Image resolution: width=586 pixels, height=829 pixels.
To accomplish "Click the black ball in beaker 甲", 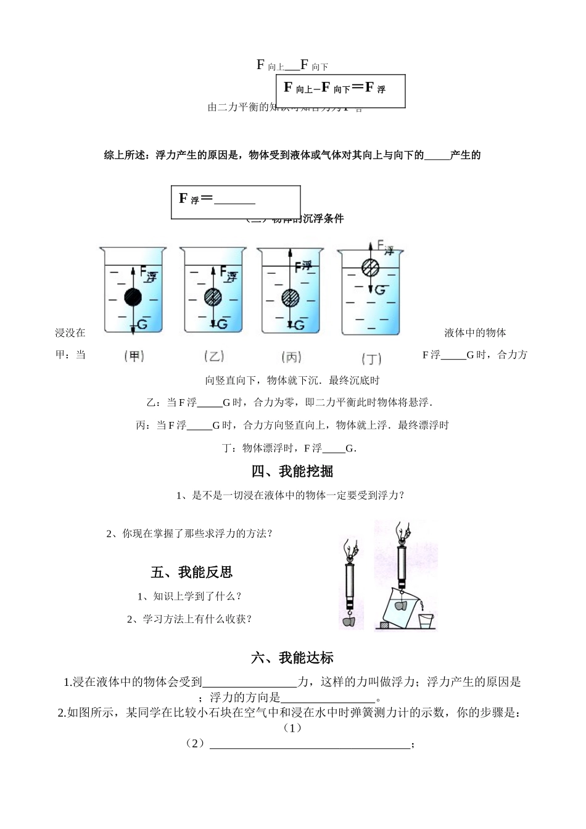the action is click(x=133, y=297).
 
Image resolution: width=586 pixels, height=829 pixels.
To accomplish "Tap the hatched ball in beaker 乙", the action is click(x=213, y=297).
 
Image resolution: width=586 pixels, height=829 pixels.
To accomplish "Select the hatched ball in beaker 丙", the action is click(x=290, y=298).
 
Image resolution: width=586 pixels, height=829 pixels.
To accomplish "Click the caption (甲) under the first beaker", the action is click(x=134, y=356).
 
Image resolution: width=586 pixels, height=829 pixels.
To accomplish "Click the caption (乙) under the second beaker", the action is click(x=213, y=356).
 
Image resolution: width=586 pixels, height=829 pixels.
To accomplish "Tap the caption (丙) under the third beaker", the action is click(x=291, y=357).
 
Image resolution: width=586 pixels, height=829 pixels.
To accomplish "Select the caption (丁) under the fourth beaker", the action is click(x=371, y=358).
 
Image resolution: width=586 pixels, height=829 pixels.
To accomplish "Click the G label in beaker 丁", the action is click(x=380, y=289).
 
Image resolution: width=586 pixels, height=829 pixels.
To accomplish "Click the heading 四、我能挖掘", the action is click(x=292, y=472).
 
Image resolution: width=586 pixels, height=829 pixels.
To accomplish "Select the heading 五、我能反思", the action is click(x=191, y=572).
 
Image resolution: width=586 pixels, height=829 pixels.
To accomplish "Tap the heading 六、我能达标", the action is click(x=292, y=658).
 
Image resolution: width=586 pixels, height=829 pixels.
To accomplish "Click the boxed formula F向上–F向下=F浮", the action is click(x=335, y=88).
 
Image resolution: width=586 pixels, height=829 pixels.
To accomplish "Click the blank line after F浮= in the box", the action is click(x=235, y=201).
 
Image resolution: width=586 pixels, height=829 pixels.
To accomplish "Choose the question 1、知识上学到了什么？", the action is click(x=189, y=596).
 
